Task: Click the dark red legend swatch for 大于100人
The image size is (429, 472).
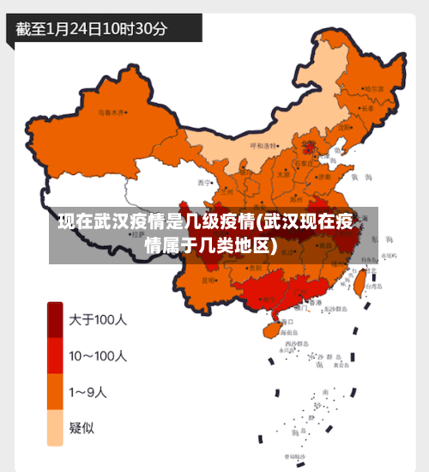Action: click(55, 320)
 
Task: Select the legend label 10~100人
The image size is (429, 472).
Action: click(98, 355)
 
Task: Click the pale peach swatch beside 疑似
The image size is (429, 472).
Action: click(55, 428)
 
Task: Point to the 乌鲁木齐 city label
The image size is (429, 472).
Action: click(112, 112)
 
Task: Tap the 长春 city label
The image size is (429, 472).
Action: click(367, 109)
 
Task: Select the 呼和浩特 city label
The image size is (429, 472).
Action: click(264, 146)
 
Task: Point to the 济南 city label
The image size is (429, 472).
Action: click(325, 174)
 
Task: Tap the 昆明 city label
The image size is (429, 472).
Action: click(208, 280)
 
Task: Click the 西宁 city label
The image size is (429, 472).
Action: click(203, 183)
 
